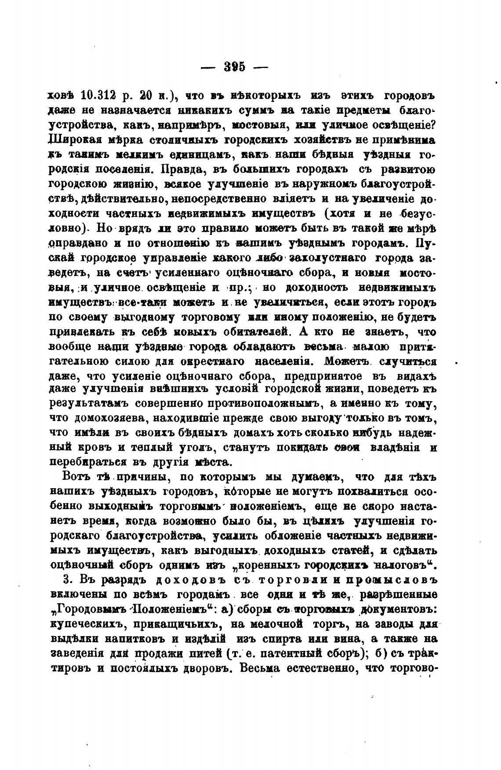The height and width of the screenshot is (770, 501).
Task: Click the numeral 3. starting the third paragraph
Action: [x=68, y=579]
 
